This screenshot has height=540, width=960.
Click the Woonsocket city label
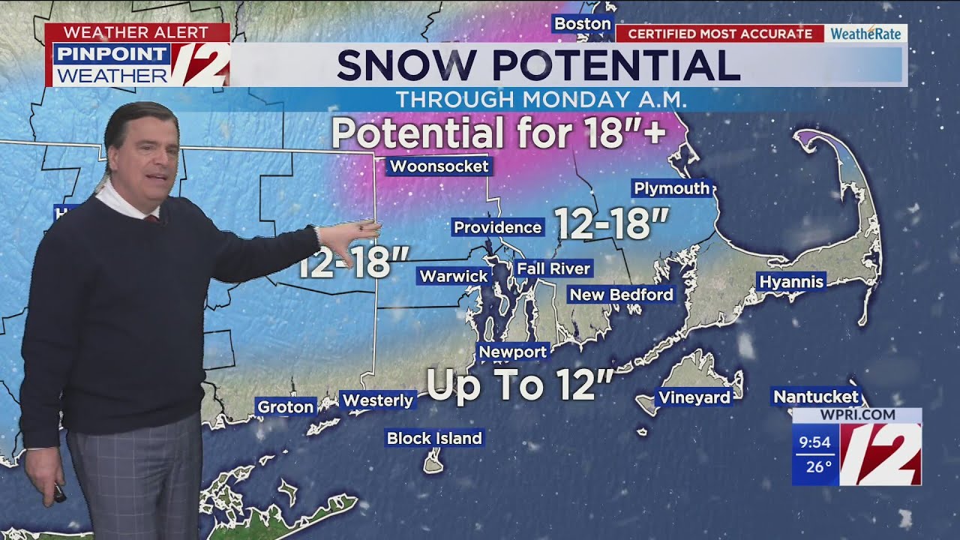(x=439, y=166)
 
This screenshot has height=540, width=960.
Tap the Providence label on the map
(x=497, y=227)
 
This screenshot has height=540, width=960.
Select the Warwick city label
(x=453, y=276)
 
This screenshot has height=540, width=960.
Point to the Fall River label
(x=553, y=268)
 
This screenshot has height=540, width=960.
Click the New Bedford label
(x=621, y=295)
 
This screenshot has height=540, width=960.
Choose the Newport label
(x=513, y=352)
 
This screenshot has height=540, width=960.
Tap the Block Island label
(x=434, y=438)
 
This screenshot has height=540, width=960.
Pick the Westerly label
(x=377, y=400)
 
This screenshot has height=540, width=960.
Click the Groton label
(x=285, y=406)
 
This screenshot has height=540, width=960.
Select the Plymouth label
(x=671, y=188)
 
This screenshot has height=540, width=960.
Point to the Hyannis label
(x=791, y=282)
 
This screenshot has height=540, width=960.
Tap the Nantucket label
(x=816, y=397)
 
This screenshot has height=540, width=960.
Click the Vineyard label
(x=694, y=397)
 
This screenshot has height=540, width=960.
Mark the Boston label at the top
(x=582, y=24)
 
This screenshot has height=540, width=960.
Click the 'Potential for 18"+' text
(x=498, y=133)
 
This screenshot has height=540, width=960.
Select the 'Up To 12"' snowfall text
(x=520, y=385)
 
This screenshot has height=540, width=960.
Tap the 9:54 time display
(x=814, y=442)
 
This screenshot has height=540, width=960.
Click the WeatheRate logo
(x=865, y=34)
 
